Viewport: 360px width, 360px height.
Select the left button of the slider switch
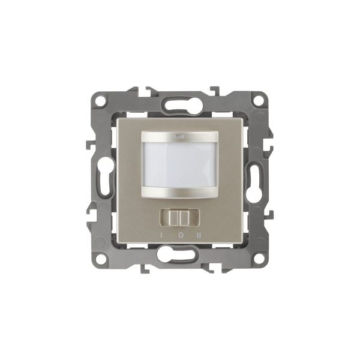[x=174, y=218]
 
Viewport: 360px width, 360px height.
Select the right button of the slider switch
[x=184, y=218]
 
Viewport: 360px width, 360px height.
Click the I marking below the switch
[x=161, y=235]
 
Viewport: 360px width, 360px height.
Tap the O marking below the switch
[x=181, y=235]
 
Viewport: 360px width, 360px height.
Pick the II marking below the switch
[x=199, y=235]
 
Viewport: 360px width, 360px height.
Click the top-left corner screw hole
[x=100, y=100]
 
